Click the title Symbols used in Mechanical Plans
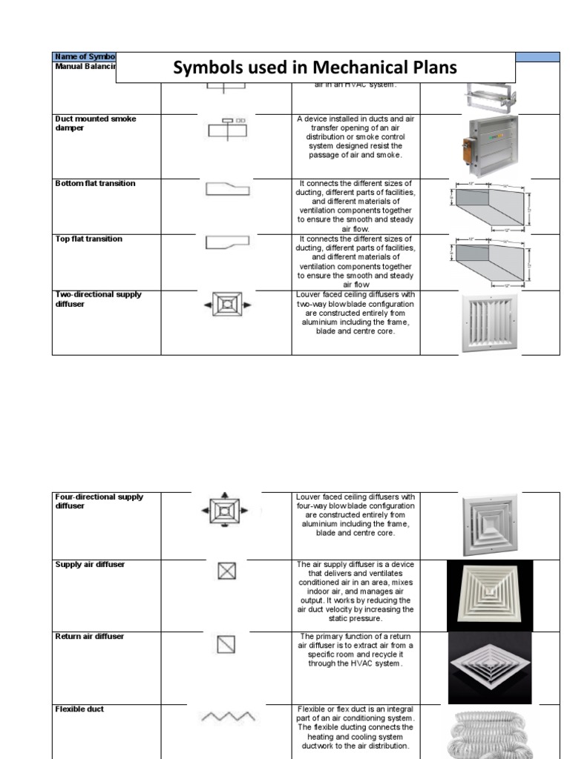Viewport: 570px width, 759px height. (x=315, y=68)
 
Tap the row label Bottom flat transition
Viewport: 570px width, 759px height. (x=95, y=183)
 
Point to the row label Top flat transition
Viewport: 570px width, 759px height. (x=88, y=239)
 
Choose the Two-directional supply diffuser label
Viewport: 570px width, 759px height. (x=98, y=299)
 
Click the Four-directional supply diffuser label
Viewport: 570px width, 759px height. (x=99, y=501)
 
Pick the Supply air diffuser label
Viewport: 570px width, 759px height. (x=90, y=564)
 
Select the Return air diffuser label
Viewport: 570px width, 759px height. (x=89, y=636)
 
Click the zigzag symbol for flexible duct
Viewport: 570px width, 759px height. (x=228, y=717)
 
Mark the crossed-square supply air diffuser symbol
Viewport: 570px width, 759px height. (x=226, y=571)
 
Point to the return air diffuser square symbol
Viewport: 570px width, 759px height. (x=226, y=644)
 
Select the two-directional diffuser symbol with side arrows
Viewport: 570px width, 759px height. (x=226, y=305)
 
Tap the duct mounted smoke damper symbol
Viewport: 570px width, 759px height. (x=226, y=128)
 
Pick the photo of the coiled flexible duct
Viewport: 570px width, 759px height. (x=490, y=732)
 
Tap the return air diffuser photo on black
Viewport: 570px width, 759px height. (x=490, y=667)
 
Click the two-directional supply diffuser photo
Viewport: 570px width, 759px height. (x=490, y=322)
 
